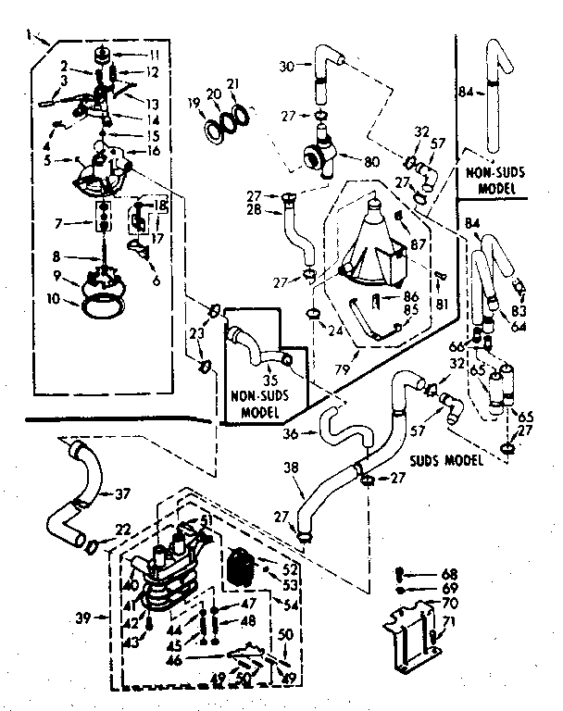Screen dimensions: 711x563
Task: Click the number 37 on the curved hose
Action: [x=122, y=493]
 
